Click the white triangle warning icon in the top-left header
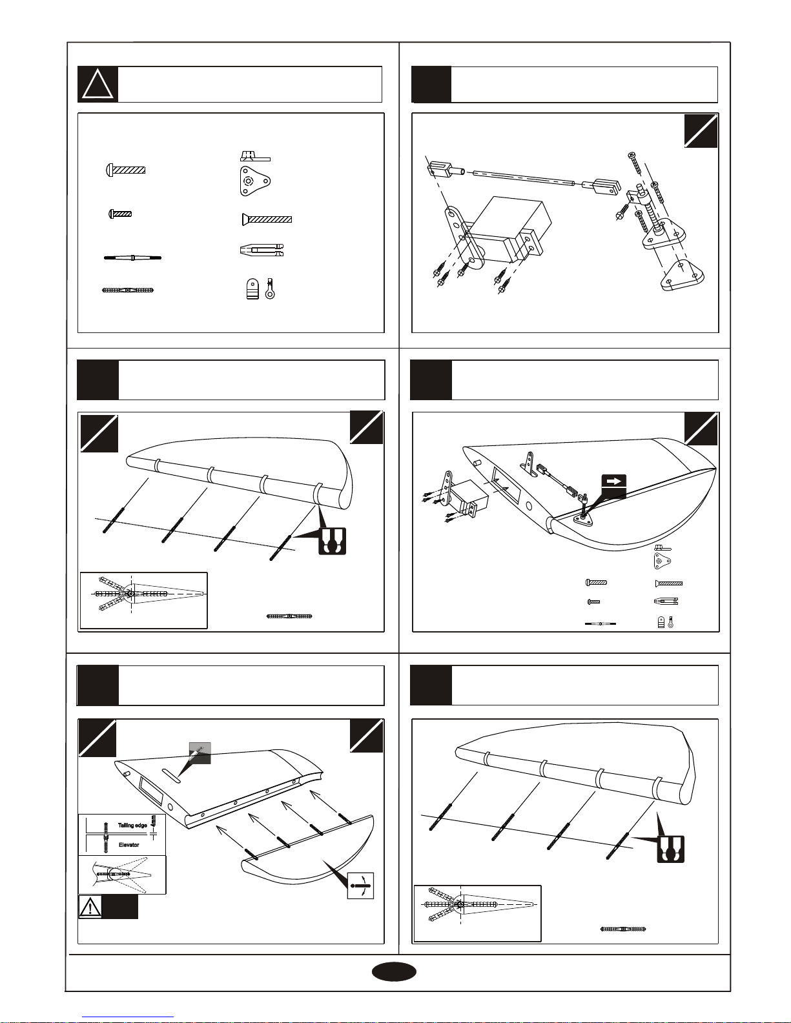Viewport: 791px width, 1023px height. pyautogui.click(x=98, y=85)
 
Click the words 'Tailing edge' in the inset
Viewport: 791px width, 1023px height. pyautogui.click(x=132, y=825)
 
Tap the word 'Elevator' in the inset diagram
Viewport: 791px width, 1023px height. pyautogui.click(x=129, y=844)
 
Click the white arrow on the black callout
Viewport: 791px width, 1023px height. pyautogui.click(x=614, y=481)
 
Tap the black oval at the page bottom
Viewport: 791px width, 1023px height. pyautogui.click(x=395, y=973)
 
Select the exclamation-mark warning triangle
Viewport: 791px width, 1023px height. pyautogui.click(x=90, y=907)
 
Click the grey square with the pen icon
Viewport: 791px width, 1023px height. pyautogui.click(x=200, y=753)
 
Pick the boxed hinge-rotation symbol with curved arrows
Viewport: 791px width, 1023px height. pyautogui.click(x=360, y=885)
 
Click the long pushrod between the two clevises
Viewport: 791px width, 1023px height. pyautogui.click(x=524, y=177)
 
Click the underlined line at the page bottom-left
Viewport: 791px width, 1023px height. pyautogui.click(x=128, y=1017)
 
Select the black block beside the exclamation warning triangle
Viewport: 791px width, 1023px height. pyautogui.click(x=120, y=907)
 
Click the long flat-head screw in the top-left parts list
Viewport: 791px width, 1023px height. pyautogui.click(x=267, y=220)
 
